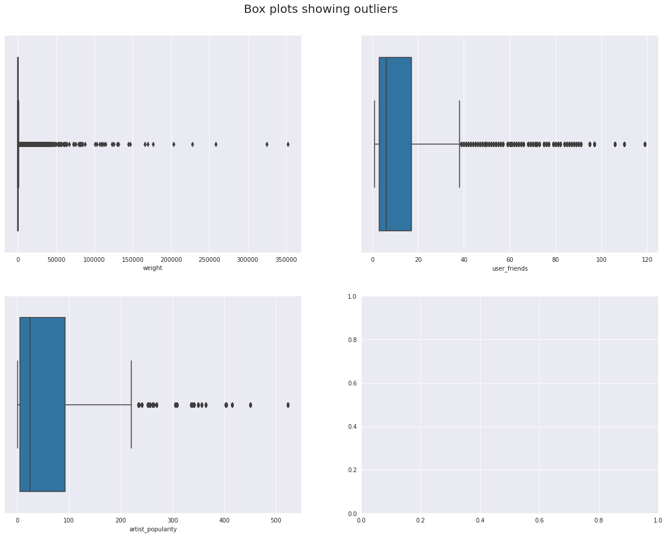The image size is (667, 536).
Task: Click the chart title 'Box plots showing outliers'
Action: (321, 9)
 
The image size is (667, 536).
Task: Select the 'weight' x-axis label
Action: (152, 268)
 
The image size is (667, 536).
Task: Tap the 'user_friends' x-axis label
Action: (509, 268)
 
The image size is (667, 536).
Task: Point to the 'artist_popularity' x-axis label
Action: (152, 529)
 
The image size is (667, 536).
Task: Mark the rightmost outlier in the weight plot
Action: (288, 144)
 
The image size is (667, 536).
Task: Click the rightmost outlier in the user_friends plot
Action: (645, 144)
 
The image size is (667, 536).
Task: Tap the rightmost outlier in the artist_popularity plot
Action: (288, 405)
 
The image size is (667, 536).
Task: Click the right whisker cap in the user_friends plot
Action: (460, 144)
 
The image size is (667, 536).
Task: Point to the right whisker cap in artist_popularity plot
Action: (131, 405)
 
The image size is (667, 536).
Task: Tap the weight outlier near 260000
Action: (216, 144)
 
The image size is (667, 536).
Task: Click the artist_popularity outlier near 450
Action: (250, 405)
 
